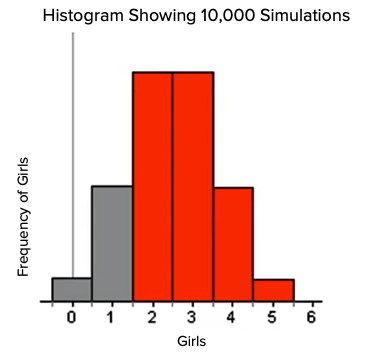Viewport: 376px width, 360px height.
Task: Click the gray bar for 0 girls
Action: point(72,289)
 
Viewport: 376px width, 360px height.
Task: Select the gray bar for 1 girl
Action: point(112,243)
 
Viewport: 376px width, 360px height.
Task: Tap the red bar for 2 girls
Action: point(153,186)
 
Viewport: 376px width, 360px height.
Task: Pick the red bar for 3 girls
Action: point(193,186)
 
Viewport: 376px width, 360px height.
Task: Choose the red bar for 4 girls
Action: point(233,243)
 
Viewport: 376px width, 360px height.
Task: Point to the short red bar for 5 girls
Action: point(273,290)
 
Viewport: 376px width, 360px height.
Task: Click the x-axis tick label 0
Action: point(72,318)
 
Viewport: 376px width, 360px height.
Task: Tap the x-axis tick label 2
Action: point(152,318)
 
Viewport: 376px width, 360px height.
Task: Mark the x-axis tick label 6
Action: point(312,318)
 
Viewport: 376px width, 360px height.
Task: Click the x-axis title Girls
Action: point(191,342)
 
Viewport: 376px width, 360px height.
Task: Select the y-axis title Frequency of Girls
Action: point(24,216)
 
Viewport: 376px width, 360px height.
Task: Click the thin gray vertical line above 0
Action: point(72,150)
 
